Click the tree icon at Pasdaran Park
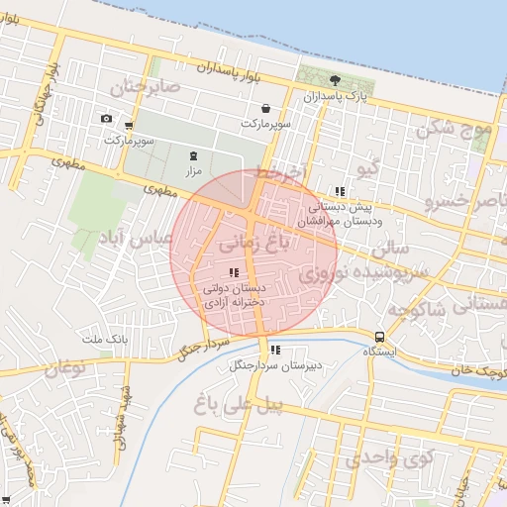coord(336,81)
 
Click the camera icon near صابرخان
coord(106,119)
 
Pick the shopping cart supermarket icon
coord(130,126)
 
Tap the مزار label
coord(193,171)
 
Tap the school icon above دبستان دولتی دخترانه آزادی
coord(234,272)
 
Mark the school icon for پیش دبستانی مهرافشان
coord(340,191)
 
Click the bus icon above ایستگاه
coord(381,336)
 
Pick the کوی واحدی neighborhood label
coord(392,457)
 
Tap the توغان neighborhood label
coord(63,369)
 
